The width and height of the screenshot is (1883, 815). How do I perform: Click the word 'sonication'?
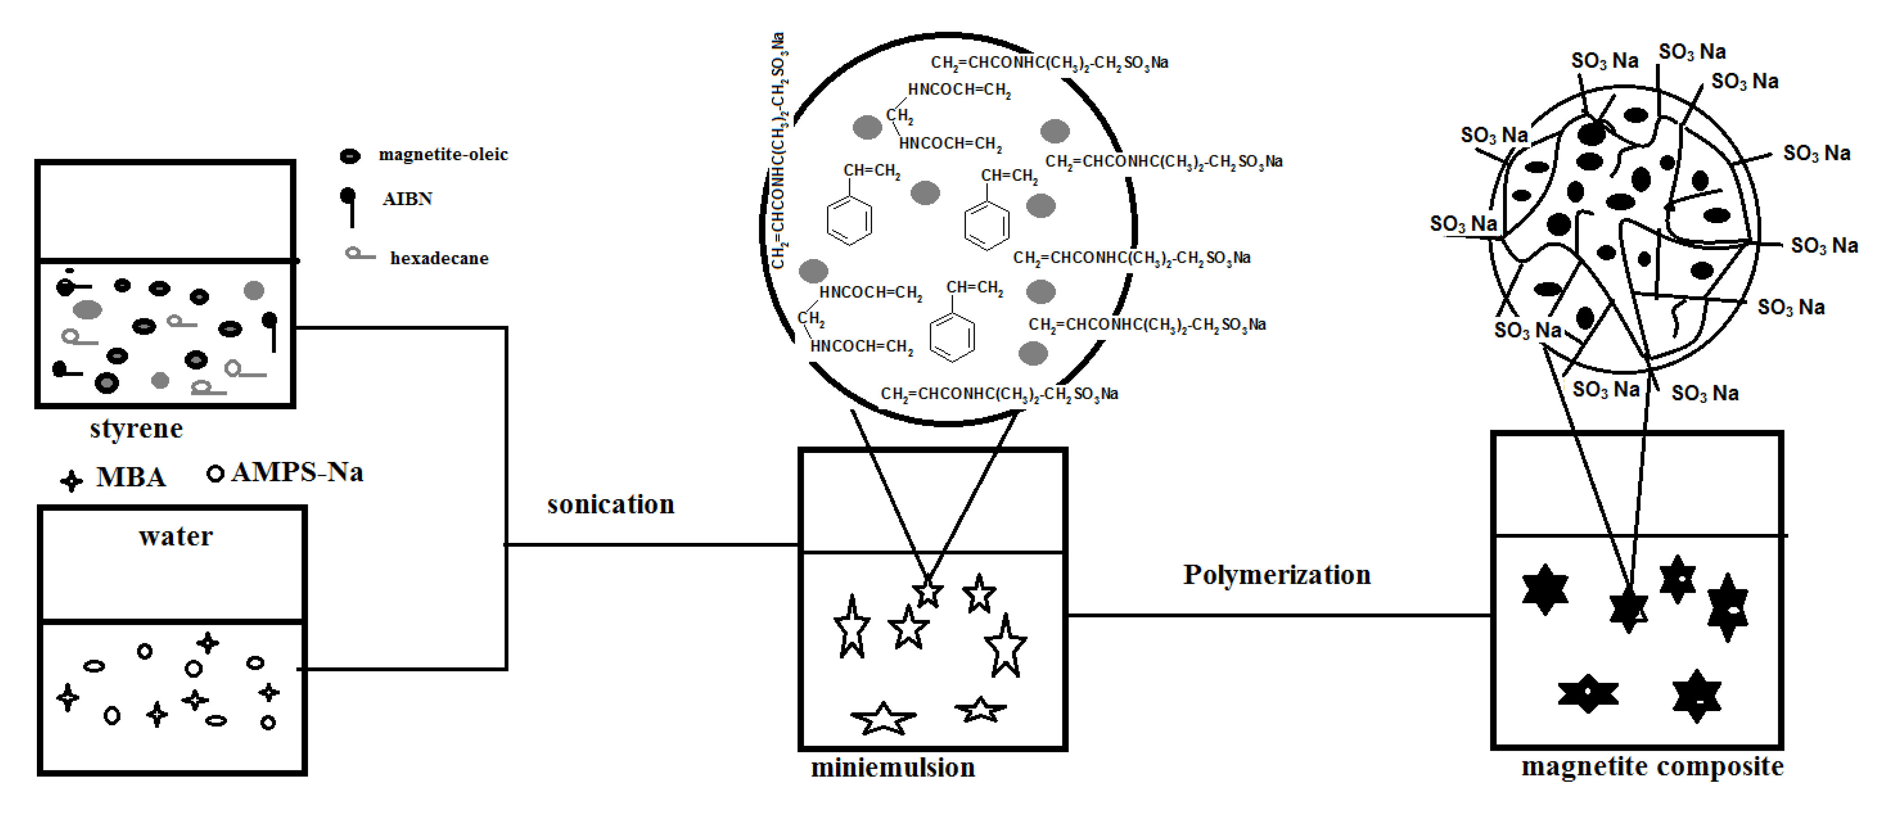(610, 504)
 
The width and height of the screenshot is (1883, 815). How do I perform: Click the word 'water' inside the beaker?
(175, 537)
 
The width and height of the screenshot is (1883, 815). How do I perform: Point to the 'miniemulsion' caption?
(893, 767)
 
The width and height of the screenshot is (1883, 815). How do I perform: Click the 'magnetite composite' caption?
(1652, 767)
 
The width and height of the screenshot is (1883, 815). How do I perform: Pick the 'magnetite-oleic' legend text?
(443, 154)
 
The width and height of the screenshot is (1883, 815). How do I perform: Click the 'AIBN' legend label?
(407, 199)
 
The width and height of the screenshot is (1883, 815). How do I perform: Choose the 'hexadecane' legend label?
(438, 258)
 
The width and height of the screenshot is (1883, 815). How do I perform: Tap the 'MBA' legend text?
(131, 477)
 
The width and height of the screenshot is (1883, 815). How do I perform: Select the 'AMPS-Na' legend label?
(297, 472)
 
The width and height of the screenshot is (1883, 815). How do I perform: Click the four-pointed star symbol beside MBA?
(71, 480)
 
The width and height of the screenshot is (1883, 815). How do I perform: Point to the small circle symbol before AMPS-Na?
(215, 474)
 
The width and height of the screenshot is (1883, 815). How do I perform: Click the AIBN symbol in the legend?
(349, 205)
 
